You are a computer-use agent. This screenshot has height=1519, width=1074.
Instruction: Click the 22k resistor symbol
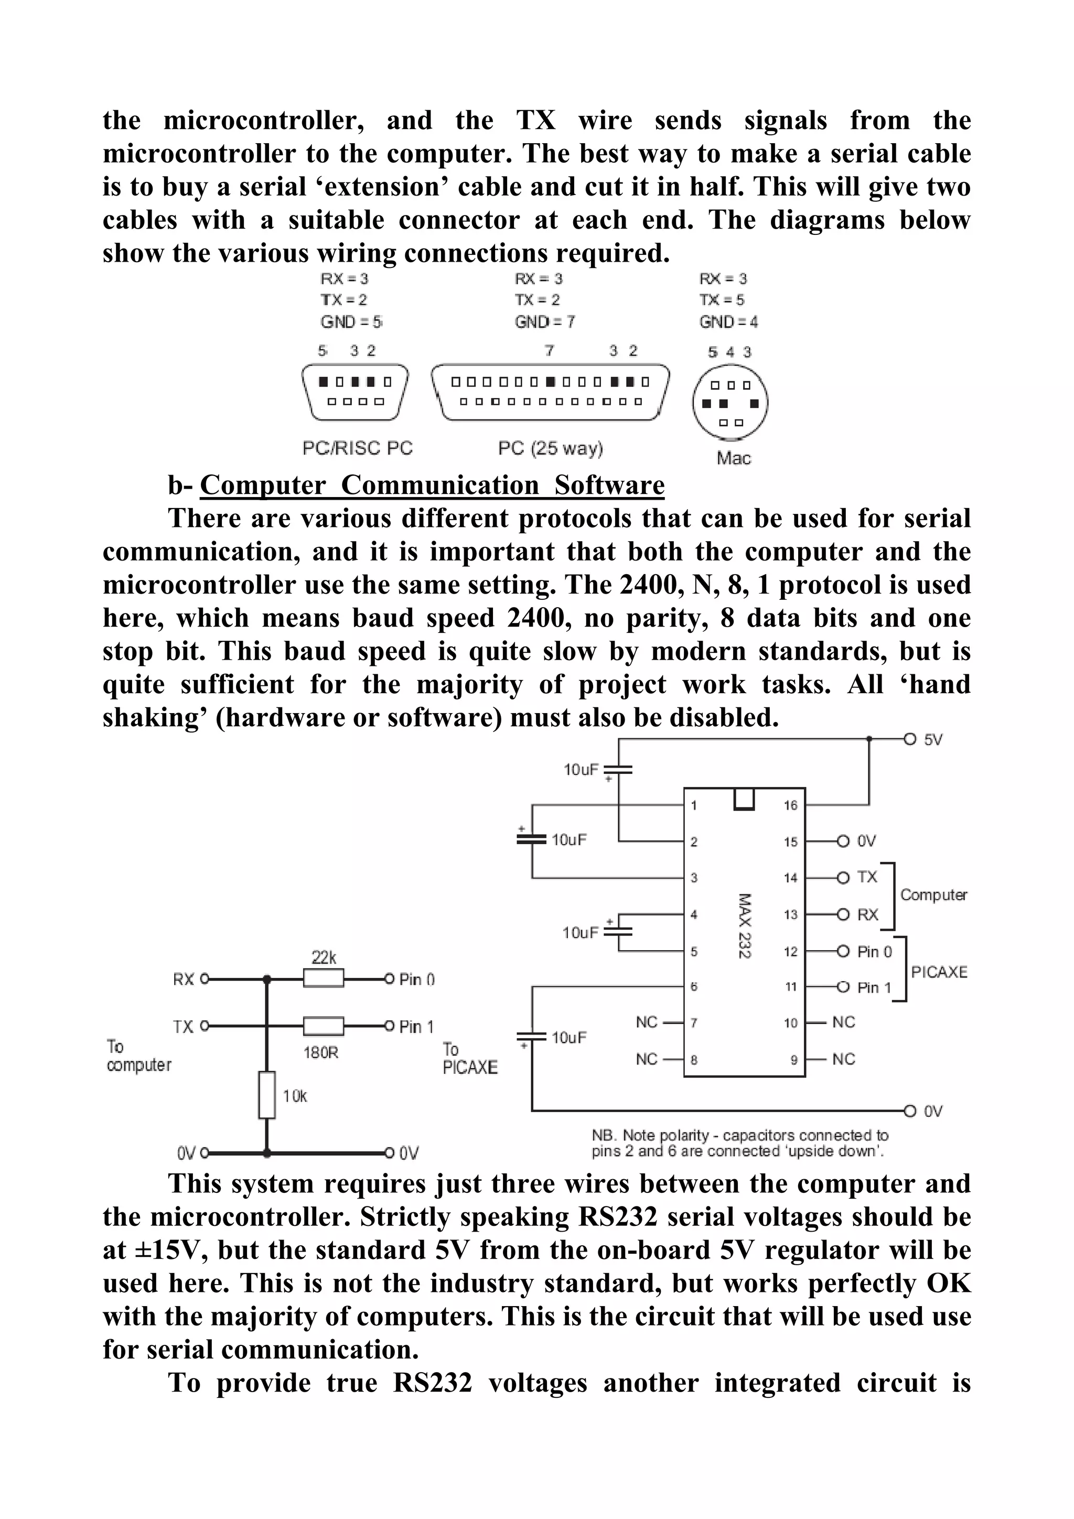pyautogui.click(x=323, y=978)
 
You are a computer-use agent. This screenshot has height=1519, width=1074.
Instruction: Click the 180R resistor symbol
pyautogui.click(x=323, y=1026)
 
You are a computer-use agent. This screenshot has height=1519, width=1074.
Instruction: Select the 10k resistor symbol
pyautogui.click(x=267, y=1094)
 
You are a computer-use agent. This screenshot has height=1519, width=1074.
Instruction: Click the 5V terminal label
pyautogui.click(x=933, y=740)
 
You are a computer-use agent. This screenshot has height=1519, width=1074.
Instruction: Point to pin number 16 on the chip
pyautogui.click(x=791, y=805)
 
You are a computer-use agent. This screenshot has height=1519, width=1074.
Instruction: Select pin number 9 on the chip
pyautogui.click(x=793, y=1060)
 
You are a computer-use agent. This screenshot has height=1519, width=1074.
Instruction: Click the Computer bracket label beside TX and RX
pyautogui.click(x=933, y=895)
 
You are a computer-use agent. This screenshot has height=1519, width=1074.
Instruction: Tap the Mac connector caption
pyautogui.click(x=733, y=458)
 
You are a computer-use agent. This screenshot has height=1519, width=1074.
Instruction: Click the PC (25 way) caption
pyautogui.click(x=550, y=448)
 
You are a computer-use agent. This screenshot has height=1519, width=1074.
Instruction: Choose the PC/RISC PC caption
pyautogui.click(x=357, y=448)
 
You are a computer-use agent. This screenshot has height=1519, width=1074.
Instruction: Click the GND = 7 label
pyautogui.click(x=545, y=321)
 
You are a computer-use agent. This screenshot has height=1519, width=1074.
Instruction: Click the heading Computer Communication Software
pyautogui.click(x=432, y=485)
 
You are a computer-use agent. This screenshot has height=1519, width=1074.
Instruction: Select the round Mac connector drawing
pyautogui.click(x=730, y=402)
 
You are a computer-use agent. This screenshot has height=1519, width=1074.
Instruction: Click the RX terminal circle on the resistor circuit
pyautogui.click(x=205, y=978)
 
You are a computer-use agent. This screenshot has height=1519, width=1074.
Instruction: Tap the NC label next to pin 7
pyautogui.click(x=647, y=1022)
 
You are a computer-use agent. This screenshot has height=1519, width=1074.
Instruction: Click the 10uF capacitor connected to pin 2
pyautogui.click(x=618, y=769)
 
